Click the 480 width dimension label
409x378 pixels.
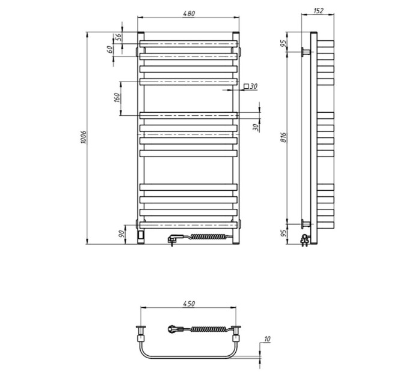[189, 14]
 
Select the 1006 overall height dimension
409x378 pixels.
[83, 137]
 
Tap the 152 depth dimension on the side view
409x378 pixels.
[318, 11]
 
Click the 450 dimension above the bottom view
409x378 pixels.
[189, 304]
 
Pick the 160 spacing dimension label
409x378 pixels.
[117, 97]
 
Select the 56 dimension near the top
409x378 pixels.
[118, 37]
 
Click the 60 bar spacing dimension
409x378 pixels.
[110, 49]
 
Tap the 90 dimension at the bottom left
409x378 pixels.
[121, 234]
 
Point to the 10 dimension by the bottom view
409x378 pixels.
[267, 339]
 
